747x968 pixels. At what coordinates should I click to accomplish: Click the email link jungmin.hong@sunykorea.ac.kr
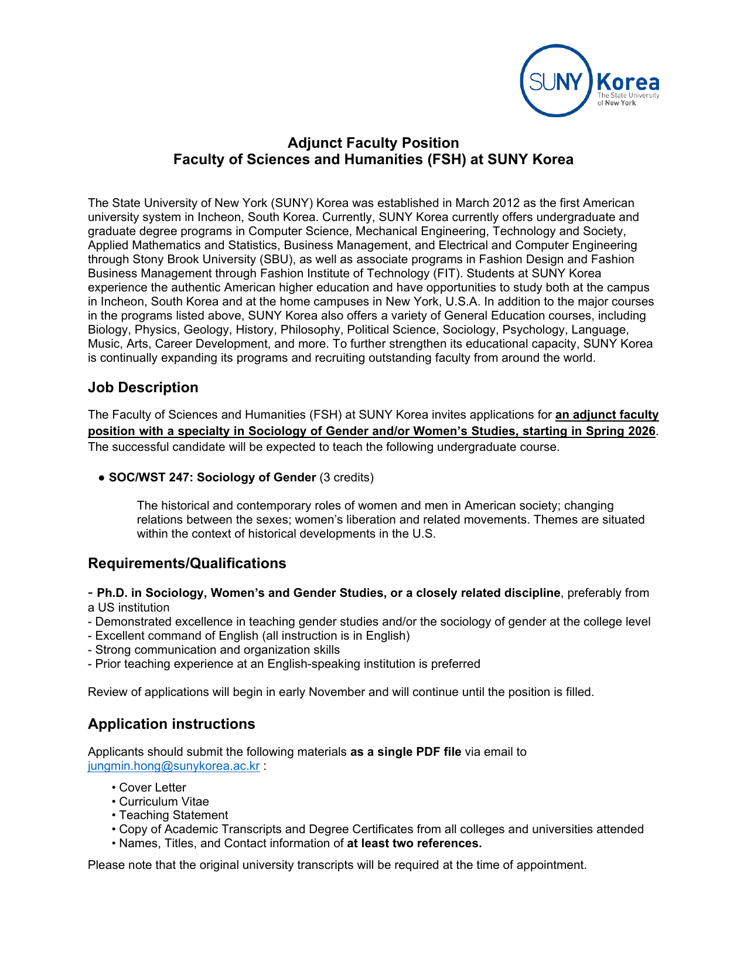click(173, 766)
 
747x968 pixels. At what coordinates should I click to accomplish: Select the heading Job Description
click(143, 388)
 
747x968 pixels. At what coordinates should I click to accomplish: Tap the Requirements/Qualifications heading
click(187, 563)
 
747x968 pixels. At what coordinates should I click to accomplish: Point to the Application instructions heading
click(171, 724)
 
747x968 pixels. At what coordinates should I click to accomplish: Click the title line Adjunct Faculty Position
click(373, 143)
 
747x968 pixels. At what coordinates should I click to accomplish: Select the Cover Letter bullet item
click(152, 787)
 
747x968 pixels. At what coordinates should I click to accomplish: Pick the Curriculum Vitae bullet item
click(163, 801)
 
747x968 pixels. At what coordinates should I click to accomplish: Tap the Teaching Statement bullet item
click(173, 815)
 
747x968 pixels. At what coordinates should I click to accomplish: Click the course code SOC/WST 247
click(149, 477)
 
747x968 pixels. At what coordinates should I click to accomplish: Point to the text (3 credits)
click(346, 477)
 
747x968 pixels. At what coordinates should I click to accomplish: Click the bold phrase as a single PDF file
click(405, 752)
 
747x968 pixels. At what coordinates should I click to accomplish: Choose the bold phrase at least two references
click(414, 843)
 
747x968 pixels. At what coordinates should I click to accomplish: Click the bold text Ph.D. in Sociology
click(149, 593)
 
